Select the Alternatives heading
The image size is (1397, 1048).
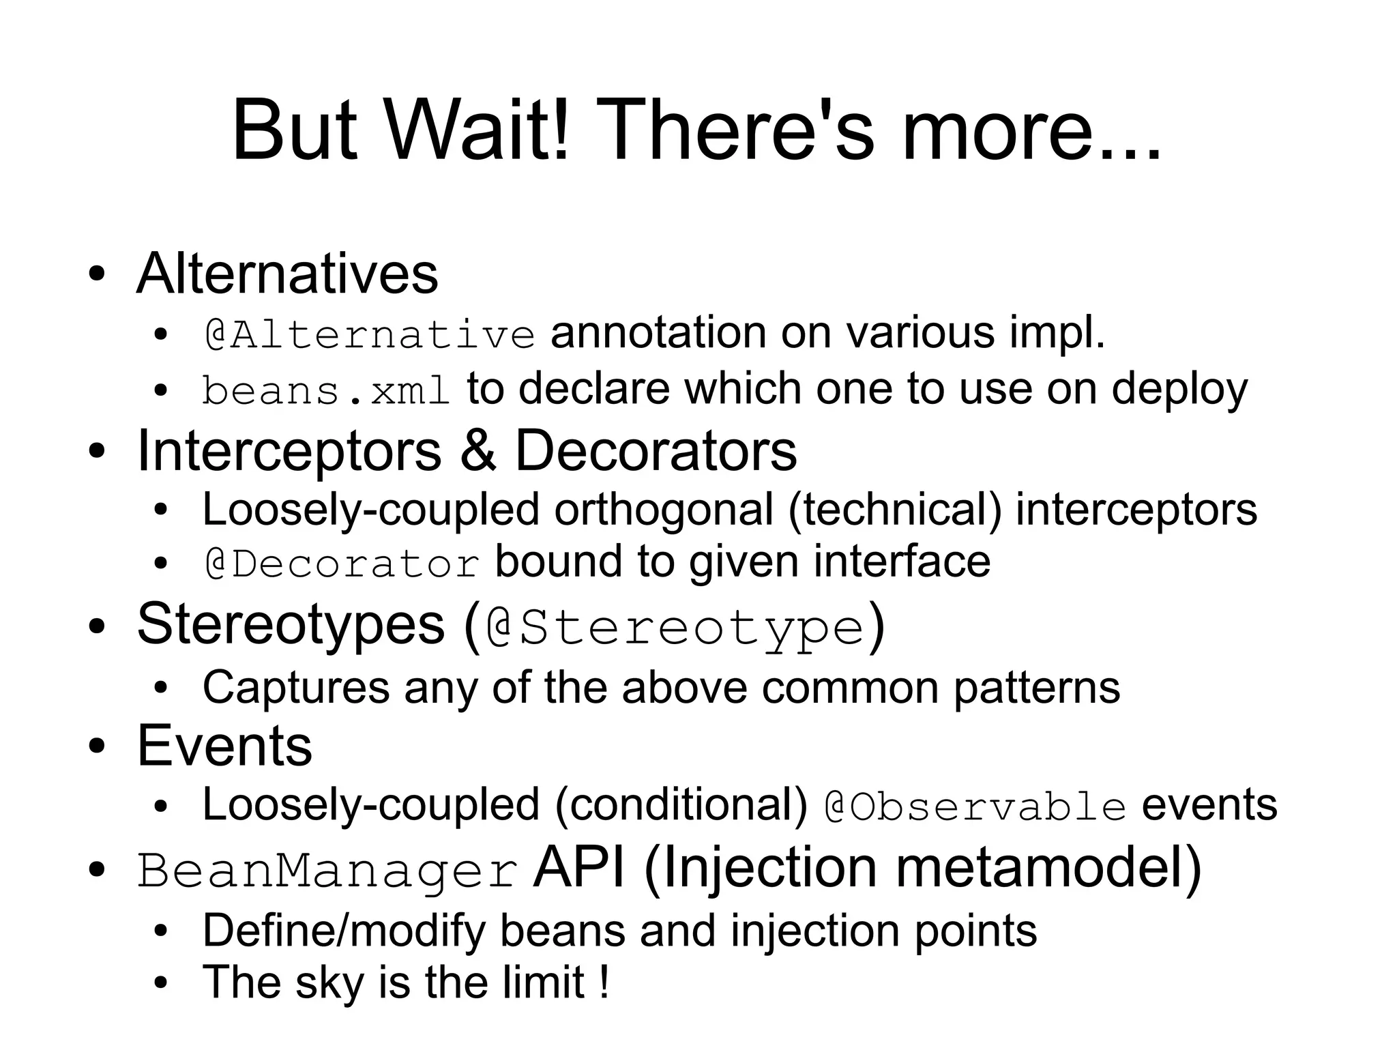pyautogui.click(x=287, y=274)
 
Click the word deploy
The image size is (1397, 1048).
pyautogui.click(x=1179, y=390)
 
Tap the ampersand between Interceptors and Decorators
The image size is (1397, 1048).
pyautogui.click(x=478, y=451)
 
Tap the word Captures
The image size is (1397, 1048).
pyautogui.click(x=296, y=688)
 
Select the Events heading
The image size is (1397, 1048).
pyautogui.click(x=224, y=746)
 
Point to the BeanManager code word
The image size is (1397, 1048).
pyautogui.click(x=327, y=871)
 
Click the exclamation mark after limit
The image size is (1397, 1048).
pyautogui.click(x=603, y=982)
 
